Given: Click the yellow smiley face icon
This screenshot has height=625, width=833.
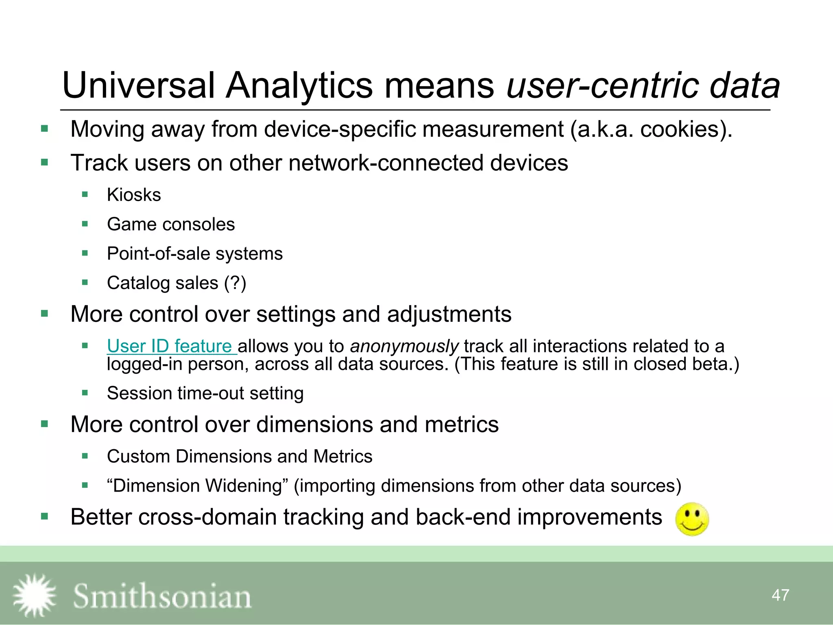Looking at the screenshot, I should (692, 519).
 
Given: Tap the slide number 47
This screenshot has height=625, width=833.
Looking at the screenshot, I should (780, 595).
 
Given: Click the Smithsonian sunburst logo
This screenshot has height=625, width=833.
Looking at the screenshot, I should (35, 595).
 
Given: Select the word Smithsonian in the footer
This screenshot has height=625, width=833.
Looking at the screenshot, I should (162, 597).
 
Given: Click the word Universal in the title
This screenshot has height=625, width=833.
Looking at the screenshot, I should (138, 85).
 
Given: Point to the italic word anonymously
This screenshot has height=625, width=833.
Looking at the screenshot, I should (404, 346).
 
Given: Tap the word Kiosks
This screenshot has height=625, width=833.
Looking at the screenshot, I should (134, 195).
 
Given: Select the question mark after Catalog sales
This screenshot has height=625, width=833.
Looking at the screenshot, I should (235, 283).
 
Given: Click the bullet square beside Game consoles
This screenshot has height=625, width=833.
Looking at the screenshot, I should (85, 224).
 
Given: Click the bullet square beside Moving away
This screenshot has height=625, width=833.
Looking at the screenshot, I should (45, 129).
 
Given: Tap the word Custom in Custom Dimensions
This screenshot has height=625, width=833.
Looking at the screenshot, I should (138, 457).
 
